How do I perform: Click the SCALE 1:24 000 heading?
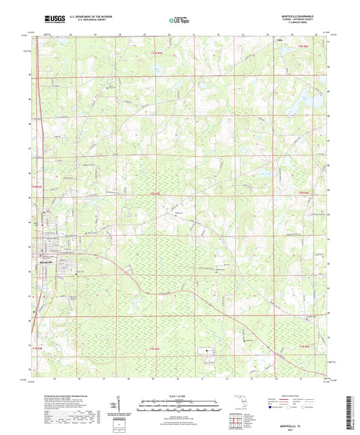180,396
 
